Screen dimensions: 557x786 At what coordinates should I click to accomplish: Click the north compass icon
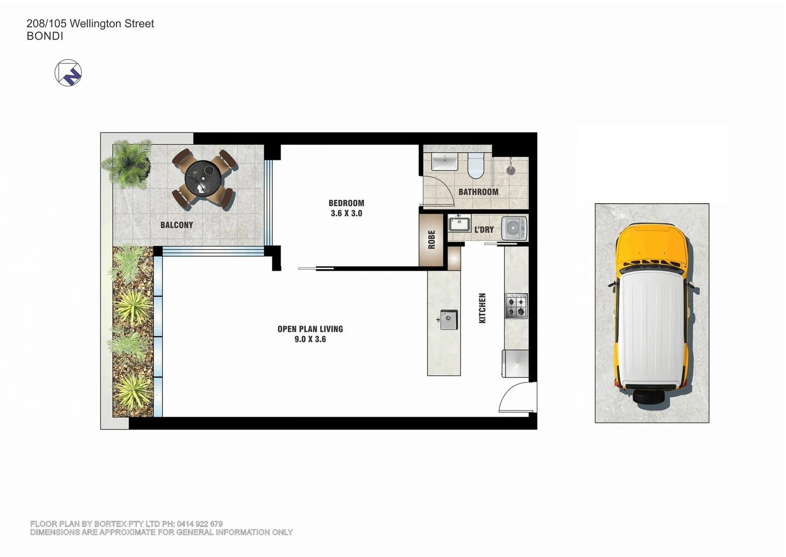pos(68,73)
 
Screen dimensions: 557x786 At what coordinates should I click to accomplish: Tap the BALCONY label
pos(176,225)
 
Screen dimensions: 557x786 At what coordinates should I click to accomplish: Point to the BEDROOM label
pos(346,203)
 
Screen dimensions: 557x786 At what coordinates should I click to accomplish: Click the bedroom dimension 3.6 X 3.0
pos(346,214)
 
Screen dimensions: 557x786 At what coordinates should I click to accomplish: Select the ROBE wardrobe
pos(432,240)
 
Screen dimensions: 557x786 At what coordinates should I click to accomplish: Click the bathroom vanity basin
pos(444,162)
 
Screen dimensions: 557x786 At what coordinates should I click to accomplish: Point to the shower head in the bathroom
pos(510,169)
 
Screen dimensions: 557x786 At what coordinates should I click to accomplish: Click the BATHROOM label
pos(478,192)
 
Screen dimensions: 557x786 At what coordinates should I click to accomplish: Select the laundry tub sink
pos(458,225)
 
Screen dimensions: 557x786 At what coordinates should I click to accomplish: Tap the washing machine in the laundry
pos(514,228)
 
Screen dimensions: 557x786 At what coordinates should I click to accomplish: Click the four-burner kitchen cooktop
pos(516,306)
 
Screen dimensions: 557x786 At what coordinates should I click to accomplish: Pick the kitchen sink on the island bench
pos(448,320)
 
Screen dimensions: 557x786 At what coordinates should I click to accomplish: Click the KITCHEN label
pos(482,308)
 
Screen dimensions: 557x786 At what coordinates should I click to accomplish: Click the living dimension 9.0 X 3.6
pos(310,339)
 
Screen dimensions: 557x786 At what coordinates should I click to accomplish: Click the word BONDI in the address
pos(45,36)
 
